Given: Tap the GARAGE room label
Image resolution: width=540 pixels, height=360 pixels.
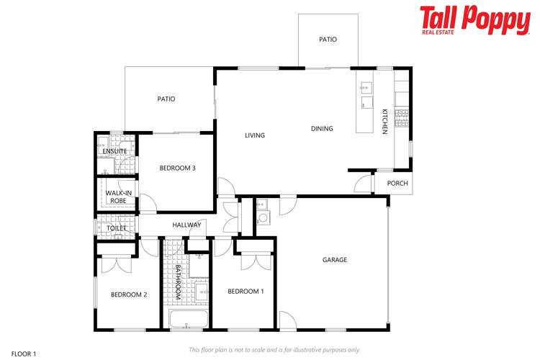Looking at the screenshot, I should coord(335,260).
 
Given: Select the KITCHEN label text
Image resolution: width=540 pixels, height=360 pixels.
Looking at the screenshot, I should coord(384,121).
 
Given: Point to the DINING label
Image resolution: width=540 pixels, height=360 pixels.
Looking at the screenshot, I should coord(322,129).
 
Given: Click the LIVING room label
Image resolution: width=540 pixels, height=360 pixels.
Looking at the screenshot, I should coord(255,135).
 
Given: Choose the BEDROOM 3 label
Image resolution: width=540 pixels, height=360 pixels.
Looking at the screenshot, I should coord(177,168).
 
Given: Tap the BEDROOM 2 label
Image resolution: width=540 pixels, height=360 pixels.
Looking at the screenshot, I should coord(129,294).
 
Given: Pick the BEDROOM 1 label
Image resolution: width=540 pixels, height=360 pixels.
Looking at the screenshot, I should coord(246,292).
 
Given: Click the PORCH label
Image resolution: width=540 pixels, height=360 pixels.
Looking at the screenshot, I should coord(397,184).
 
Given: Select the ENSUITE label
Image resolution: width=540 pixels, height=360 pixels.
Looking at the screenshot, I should coord(115,152).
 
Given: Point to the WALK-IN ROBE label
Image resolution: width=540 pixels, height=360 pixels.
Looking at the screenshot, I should coord(119,197).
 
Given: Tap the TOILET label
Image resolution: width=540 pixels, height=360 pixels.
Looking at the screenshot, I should coord(117,228).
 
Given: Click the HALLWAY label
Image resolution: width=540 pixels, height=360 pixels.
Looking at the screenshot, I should coord(186,225).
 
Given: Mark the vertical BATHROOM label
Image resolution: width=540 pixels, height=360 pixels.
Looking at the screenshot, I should coord(178,283).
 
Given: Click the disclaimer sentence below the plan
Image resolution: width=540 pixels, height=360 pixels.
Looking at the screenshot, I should coord(274,350).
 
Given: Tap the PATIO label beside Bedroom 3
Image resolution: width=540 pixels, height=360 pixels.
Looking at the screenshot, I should coord(166,99).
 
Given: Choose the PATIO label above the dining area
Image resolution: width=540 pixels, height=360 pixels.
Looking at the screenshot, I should coord(328,40).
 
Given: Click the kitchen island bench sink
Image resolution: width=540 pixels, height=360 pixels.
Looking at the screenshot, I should coord(365,89).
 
